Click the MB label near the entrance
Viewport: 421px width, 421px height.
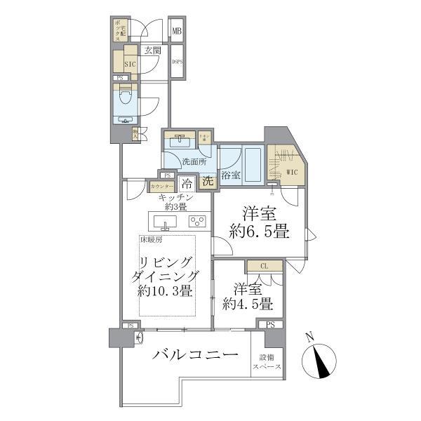[x=178, y=32]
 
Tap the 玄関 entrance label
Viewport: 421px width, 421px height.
[x=154, y=51]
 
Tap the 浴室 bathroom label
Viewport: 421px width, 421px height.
[x=231, y=175]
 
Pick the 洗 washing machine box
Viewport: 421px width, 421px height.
[x=208, y=181]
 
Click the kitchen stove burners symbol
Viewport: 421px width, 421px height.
[x=197, y=222]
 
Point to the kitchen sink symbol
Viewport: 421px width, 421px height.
[x=166, y=223]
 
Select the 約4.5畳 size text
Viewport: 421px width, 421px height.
[x=248, y=304]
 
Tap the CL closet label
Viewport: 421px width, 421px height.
[x=264, y=266]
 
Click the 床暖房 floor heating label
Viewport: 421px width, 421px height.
[x=152, y=240]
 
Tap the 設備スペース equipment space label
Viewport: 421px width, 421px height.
[x=267, y=362]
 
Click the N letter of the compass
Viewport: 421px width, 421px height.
[x=309, y=338]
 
